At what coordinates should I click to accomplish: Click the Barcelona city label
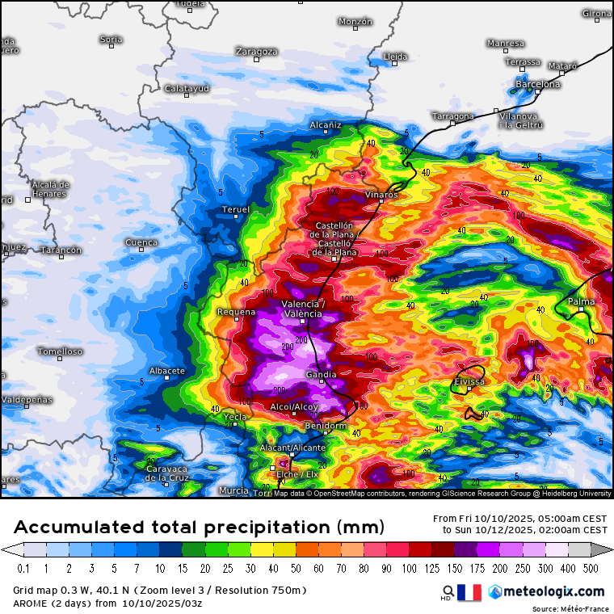(x=538, y=84)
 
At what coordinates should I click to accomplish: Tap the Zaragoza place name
(x=257, y=51)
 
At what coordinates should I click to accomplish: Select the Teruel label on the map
(x=236, y=209)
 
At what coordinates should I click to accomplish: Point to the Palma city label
(x=581, y=301)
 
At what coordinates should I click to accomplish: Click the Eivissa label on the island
(x=469, y=381)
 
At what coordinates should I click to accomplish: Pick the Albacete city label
(x=167, y=371)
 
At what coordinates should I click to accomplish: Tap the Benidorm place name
(x=325, y=426)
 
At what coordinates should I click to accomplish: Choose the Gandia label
(x=322, y=375)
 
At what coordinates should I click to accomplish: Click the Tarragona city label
(x=452, y=116)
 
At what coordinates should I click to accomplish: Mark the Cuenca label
(x=141, y=242)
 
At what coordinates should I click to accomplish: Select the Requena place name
(x=236, y=311)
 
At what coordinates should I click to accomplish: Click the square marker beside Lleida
(x=394, y=65)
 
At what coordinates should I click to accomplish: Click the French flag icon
(x=469, y=592)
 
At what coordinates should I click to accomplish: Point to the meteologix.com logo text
(x=549, y=592)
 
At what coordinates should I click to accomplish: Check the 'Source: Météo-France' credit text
(x=569, y=608)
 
